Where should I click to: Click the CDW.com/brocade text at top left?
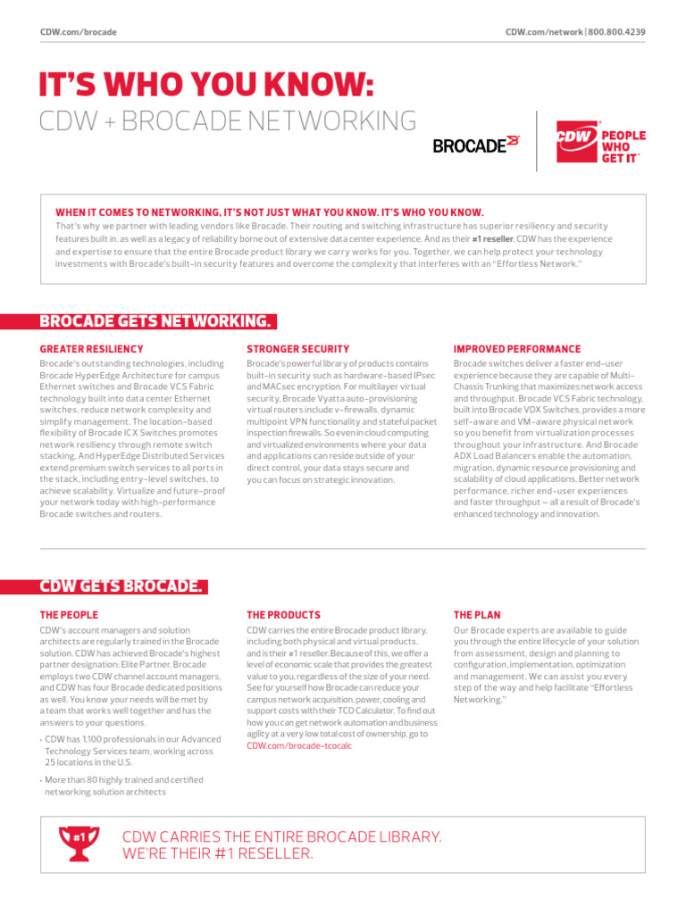[x=79, y=32]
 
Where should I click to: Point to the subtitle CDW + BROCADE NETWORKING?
[x=228, y=121]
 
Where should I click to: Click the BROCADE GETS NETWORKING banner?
[x=156, y=321]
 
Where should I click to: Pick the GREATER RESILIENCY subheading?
[x=91, y=349]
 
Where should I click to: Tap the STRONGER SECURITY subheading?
[x=297, y=349]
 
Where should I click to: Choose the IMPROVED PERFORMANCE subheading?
[x=516, y=349]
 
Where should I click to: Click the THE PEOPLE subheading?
[x=69, y=615]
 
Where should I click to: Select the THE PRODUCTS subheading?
[x=283, y=615]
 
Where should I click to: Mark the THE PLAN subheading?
[x=477, y=615]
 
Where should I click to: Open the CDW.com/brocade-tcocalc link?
[x=293, y=745]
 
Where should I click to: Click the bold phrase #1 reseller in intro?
[x=491, y=239]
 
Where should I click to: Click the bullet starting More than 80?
[x=124, y=785]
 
